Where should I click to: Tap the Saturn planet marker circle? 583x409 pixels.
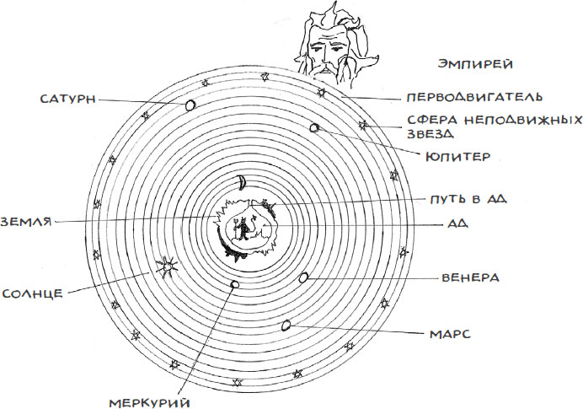[x=190, y=105]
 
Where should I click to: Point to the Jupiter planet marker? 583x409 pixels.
[x=314, y=128]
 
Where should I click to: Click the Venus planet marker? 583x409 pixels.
[x=303, y=277]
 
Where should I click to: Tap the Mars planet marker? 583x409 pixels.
[x=286, y=325]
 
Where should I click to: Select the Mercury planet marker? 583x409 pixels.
[x=234, y=284]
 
